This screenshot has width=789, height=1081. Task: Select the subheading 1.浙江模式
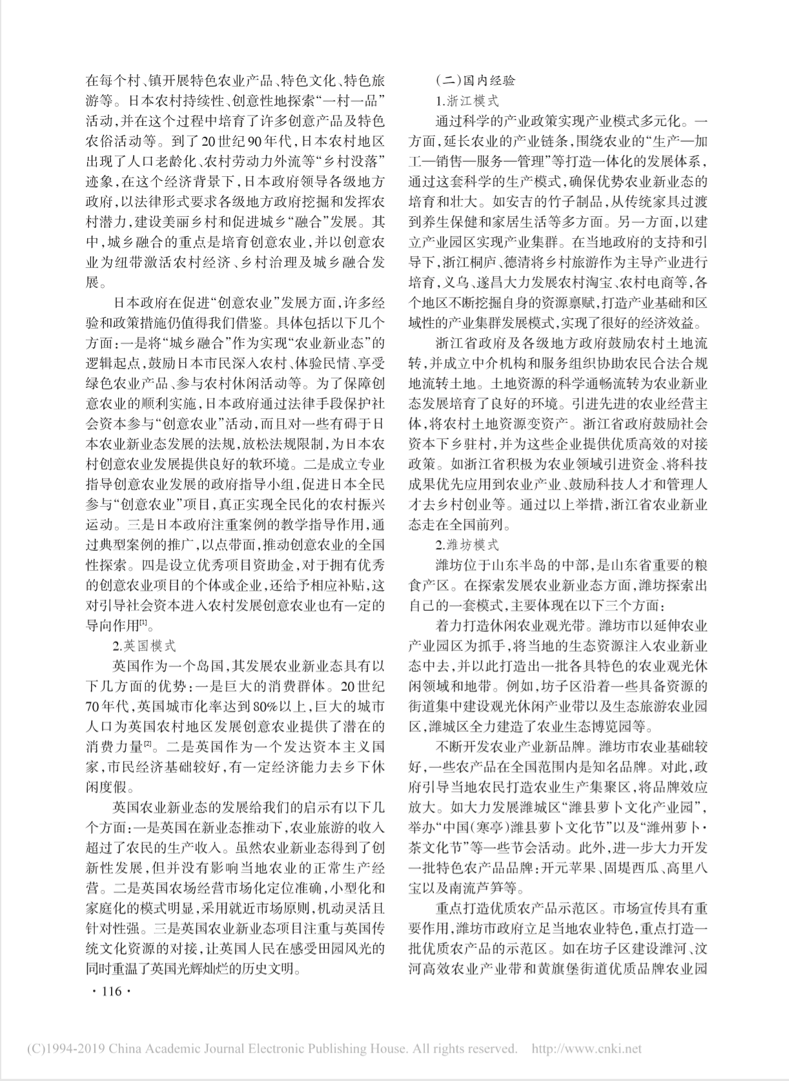467,101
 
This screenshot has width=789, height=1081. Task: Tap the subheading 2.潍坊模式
467,545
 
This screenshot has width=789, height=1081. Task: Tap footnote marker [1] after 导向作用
143,624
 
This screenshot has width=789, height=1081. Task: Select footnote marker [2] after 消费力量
148,745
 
